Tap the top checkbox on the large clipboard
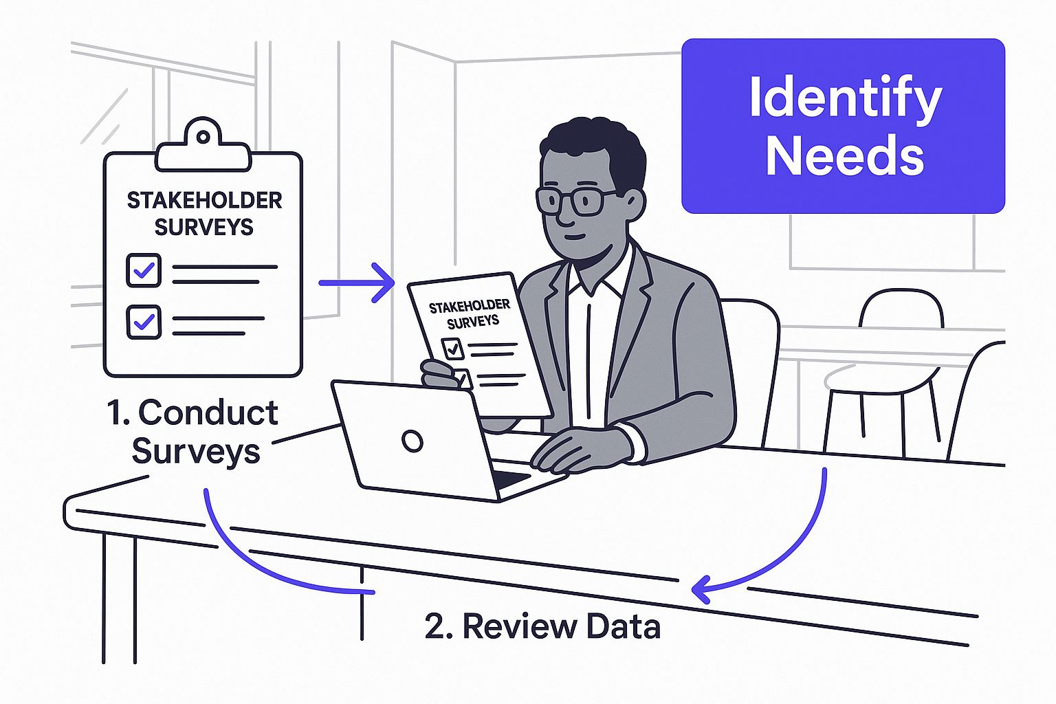point(144,270)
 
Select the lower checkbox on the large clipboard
point(144,322)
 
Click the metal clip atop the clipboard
point(203,146)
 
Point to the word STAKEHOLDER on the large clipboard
point(204,200)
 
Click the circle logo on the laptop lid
point(412,441)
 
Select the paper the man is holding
point(481,344)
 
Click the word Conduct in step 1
point(208,412)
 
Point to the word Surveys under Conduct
point(196,451)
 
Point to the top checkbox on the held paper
point(452,349)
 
